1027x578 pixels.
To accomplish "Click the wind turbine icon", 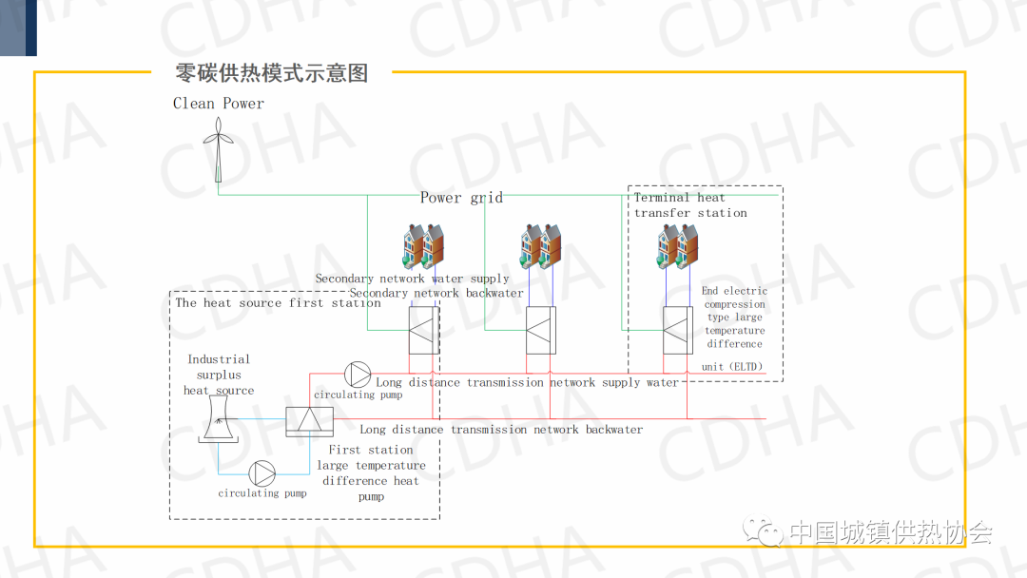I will pos(218,147).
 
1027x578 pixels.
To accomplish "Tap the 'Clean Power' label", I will pos(219,104).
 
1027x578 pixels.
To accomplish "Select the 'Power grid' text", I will pos(461,198).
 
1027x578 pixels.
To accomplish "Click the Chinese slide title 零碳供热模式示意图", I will pos(272,73).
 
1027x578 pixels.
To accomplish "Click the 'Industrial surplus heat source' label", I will pos(219,375).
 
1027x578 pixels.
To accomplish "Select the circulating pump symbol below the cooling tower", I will pos(262,472).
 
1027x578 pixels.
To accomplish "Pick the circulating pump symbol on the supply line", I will pos(358,374).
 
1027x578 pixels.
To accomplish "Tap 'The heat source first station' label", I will pos(278,303).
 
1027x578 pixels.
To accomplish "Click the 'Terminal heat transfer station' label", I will pos(690,205).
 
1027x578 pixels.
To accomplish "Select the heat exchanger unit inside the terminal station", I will pos(678,330).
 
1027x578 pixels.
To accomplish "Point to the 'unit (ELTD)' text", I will pos(732,367).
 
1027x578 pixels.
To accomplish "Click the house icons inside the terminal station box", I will pos(678,247).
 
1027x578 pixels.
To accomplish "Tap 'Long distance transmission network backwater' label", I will pos(501,430).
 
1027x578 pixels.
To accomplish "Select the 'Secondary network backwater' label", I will pos(436,293).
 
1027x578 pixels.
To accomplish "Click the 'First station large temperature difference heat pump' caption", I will pos(371,472).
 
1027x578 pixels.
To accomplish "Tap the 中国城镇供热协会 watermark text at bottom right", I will pos(891,532).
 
